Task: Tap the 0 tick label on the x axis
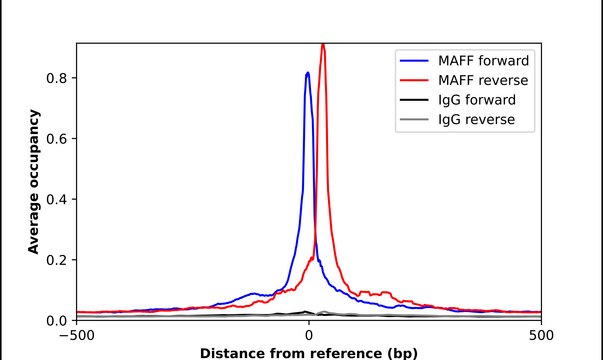click(309, 335)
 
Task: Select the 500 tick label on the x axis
click(541, 335)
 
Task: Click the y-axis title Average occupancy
click(33, 182)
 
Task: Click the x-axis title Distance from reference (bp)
click(308, 352)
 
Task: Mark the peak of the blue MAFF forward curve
click(307, 72)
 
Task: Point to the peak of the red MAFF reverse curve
click(322, 45)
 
